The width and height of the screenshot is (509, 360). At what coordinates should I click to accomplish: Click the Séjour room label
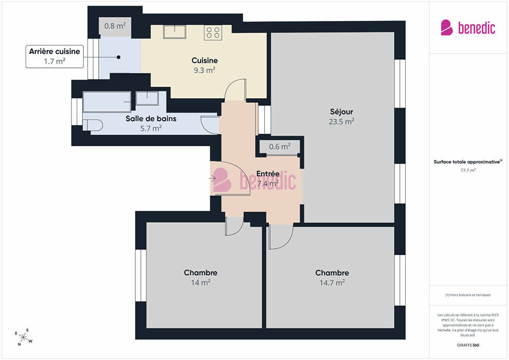(x=341, y=112)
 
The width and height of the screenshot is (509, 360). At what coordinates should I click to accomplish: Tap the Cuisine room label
(x=205, y=60)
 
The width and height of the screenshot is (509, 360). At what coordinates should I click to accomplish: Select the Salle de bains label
(x=151, y=118)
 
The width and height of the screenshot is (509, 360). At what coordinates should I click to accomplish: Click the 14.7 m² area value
(x=332, y=283)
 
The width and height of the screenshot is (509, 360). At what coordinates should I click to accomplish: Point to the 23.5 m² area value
(x=341, y=121)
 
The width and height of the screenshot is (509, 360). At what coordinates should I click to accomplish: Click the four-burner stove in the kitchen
(x=213, y=32)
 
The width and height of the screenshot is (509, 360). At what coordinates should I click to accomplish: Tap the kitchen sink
(x=175, y=32)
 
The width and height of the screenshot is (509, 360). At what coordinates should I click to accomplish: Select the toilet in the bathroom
(x=93, y=125)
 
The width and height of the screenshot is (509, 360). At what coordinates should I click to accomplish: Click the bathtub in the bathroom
(x=107, y=102)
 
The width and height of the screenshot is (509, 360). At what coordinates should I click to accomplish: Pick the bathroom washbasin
(x=147, y=98)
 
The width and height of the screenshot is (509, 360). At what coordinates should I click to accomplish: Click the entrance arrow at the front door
(x=212, y=178)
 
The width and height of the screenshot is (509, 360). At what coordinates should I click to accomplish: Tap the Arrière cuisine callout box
(x=54, y=57)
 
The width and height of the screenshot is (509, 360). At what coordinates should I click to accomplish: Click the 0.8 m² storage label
(x=115, y=26)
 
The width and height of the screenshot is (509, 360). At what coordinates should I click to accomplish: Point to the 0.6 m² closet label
(x=280, y=147)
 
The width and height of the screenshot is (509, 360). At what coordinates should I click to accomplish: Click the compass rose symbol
(x=24, y=337)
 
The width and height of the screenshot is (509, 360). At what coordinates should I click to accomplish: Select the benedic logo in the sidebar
(x=468, y=28)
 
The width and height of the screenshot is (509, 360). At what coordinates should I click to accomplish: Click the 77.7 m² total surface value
(x=468, y=170)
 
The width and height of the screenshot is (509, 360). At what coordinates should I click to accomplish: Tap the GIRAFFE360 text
(x=468, y=345)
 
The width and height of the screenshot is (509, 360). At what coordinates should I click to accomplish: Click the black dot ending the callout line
(x=118, y=57)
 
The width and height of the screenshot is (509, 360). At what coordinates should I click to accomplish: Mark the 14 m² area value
(x=201, y=283)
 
